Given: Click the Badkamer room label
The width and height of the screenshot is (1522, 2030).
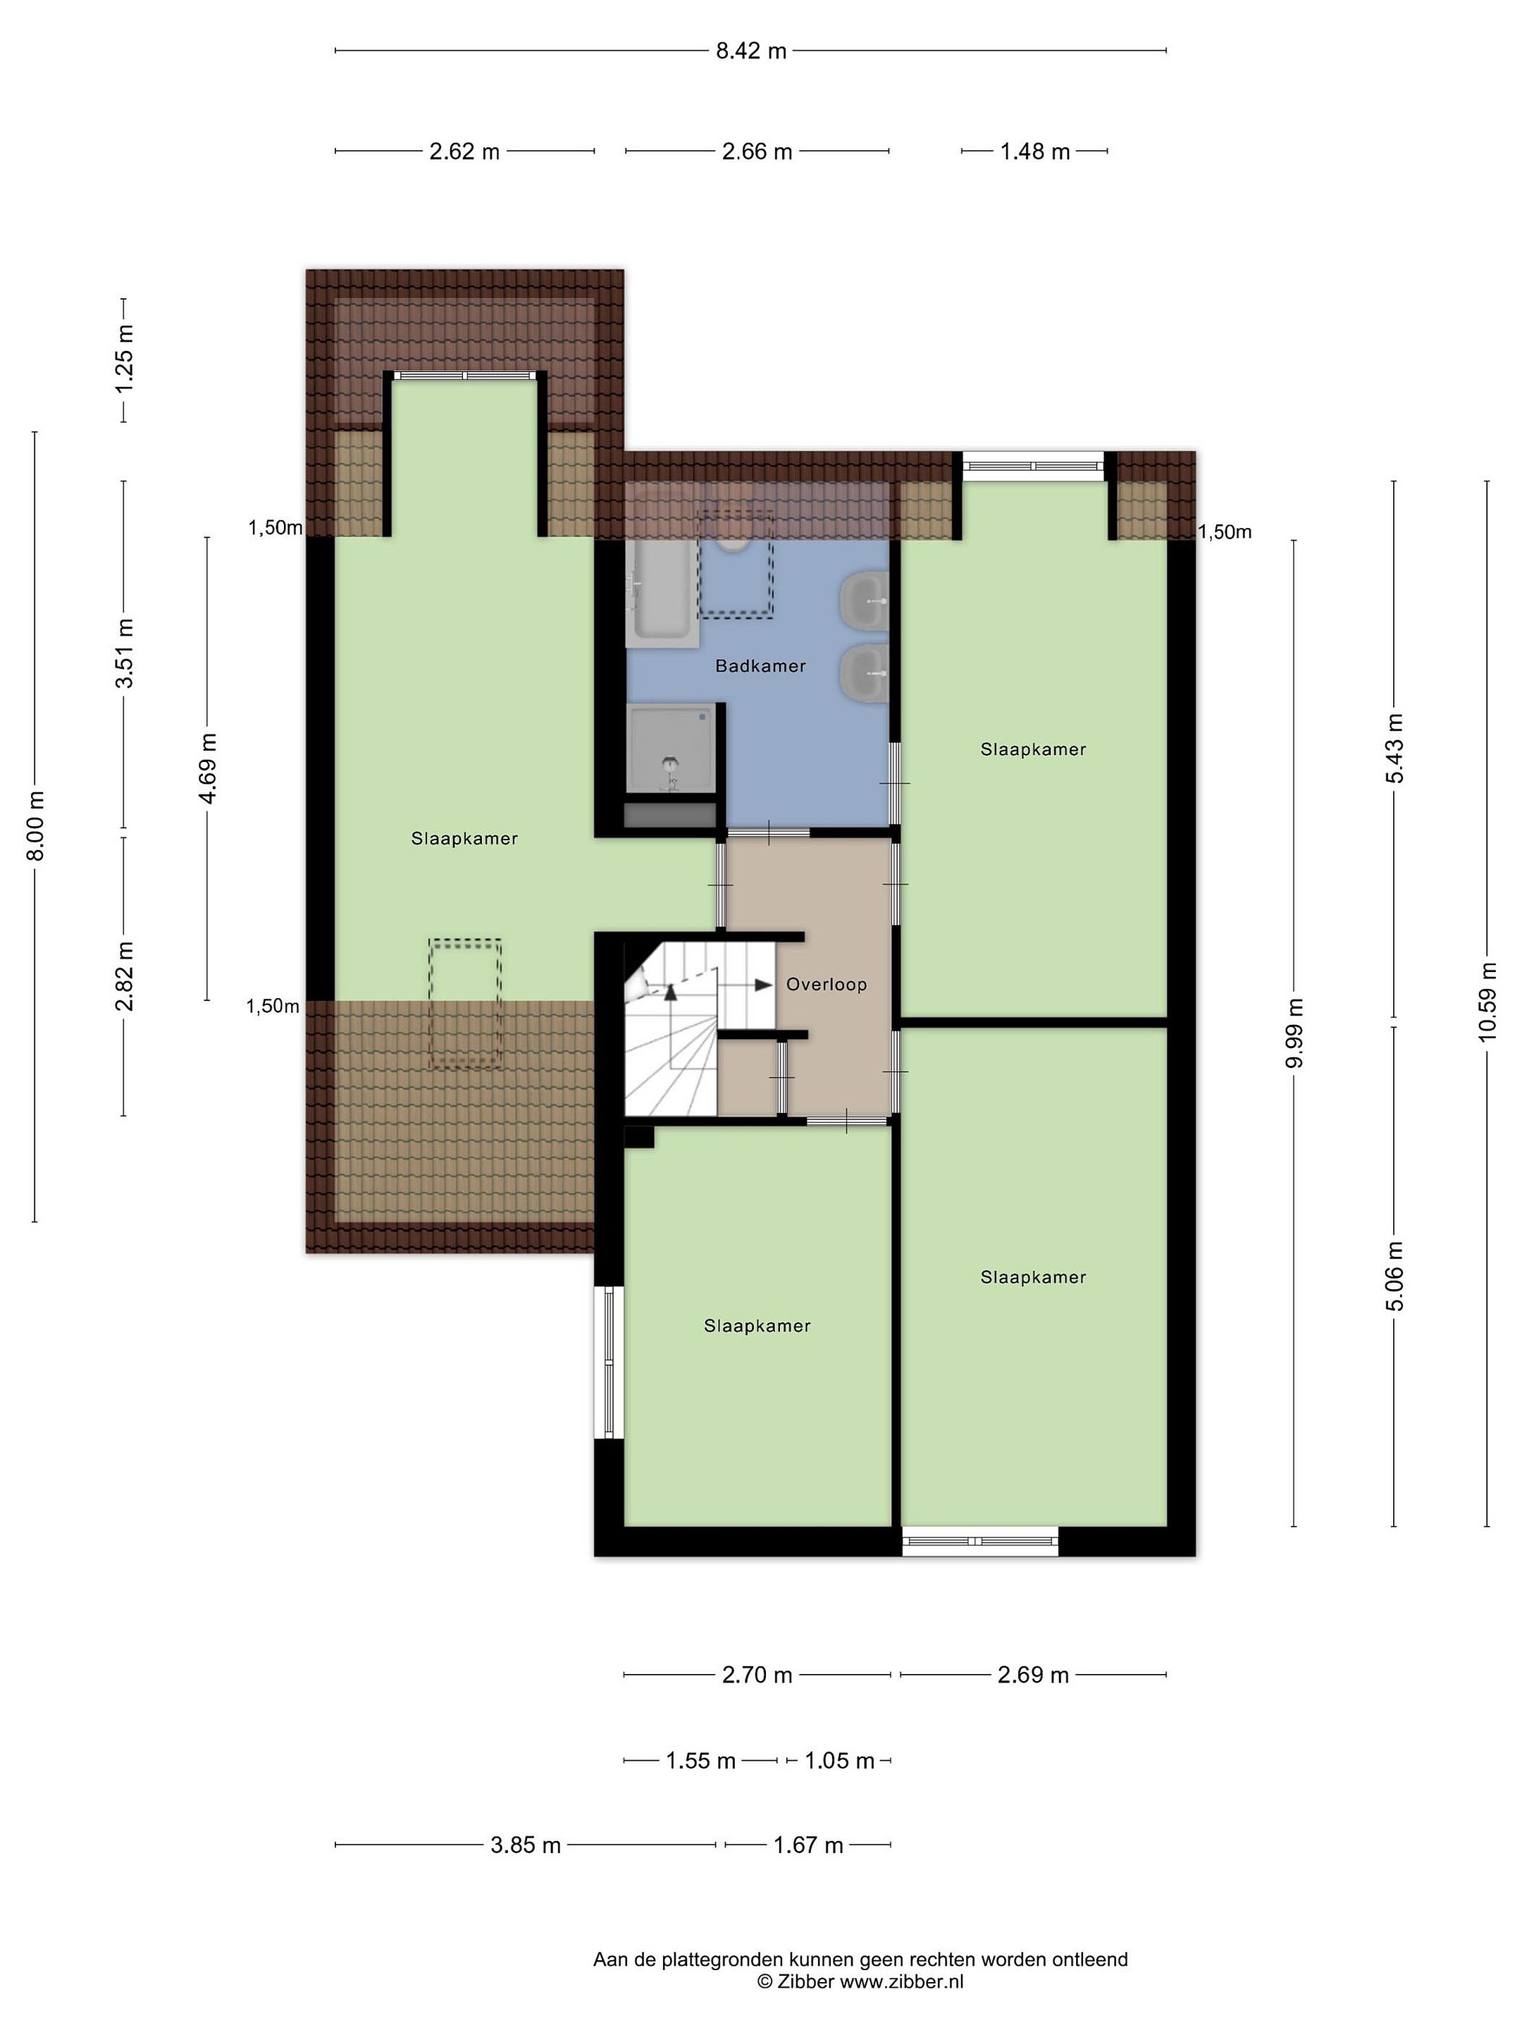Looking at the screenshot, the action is tap(760, 666).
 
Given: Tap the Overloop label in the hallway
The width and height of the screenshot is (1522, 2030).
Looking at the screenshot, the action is tap(827, 985).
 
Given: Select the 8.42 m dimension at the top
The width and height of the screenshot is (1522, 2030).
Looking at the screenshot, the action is tap(751, 51).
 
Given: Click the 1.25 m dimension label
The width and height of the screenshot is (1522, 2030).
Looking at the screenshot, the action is tap(124, 358).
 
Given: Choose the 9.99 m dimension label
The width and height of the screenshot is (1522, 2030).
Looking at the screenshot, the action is tap(1294, 1033).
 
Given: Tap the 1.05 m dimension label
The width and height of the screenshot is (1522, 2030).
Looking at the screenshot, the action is tap(839, 1760).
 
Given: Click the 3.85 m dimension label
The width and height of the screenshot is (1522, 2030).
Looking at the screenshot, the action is tap(526, 1845).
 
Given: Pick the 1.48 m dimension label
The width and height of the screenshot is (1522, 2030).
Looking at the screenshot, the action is tap(1035, 152).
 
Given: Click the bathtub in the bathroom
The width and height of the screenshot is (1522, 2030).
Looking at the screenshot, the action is tap(660, 590).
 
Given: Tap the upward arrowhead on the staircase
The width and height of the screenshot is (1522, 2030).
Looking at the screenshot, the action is tap(671, 992).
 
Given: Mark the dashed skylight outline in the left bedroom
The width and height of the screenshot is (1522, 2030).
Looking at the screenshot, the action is tap(465, 1003).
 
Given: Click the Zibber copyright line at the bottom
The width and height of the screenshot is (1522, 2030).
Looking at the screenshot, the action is tap(860, 1981).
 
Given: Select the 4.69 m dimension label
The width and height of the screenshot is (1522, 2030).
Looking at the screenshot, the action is tap(209, 768).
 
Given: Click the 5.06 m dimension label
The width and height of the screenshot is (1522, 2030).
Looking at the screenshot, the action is tap(1394, 1276).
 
